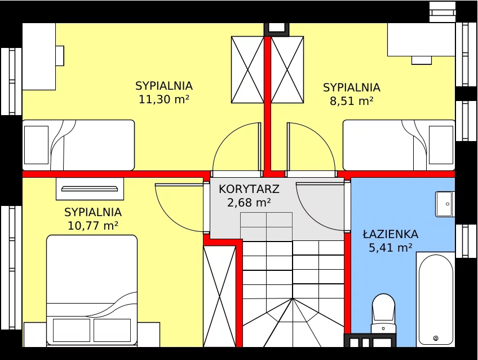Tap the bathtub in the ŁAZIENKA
tap(436, 299)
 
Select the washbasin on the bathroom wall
tap(445, 204)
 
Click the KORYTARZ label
tap(249, 189)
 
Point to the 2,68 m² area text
tap(249, 203)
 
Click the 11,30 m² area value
tap(164, 99)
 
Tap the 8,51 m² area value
tap(352, 101)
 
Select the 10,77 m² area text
tap(92, 226)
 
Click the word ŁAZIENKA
tap(390, 234)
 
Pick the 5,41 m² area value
tap(391, 248)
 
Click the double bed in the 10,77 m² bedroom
tap(92, 291)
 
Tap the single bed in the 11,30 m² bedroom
tap(78, 145)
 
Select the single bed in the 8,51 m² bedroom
tap(399, 145)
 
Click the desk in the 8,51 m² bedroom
tap(421, 39)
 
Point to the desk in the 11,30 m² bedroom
tap(39, 56)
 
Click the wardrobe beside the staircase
tap(219, 296)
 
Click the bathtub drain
tap(436, 338)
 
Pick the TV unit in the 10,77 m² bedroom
tap(90, 189)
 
